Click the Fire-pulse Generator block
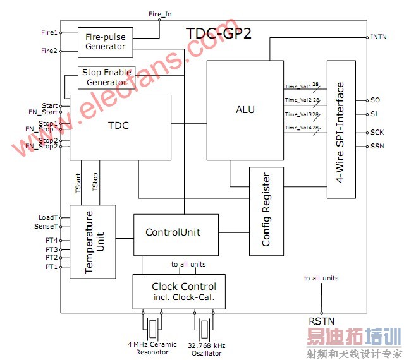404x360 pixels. click(x=105, y=42)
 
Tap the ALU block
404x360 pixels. click(x=245, y=110)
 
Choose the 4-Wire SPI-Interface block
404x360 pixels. click(x=341, y=130)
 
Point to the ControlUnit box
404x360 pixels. click(x=173, y=232)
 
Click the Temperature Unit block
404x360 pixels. click(x=92, y=241)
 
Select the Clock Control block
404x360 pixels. click(x=179, y=291)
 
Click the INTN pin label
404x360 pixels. click(x=379, y=37)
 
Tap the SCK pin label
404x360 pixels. click(x=376, y=133)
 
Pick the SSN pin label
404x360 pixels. click(x=376, y=147)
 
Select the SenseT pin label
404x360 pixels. click(x=47, y=226)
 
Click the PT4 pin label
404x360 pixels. click(x=51, y=241)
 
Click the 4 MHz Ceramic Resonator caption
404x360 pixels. click(x=152, y=348)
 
